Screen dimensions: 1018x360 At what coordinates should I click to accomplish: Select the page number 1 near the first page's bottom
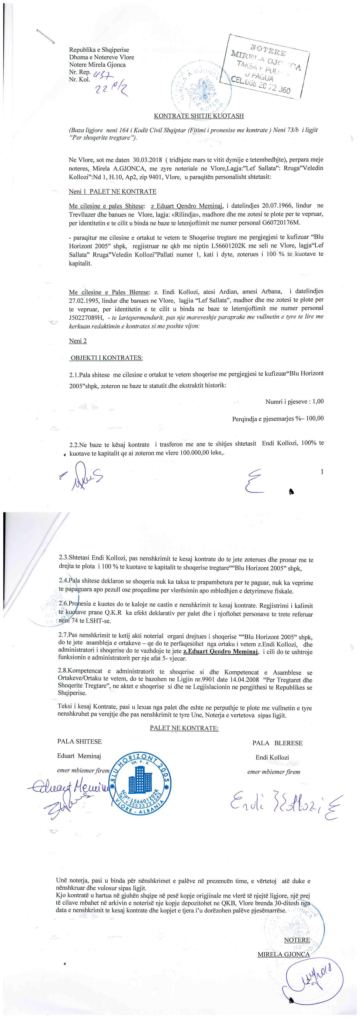(323, 472)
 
